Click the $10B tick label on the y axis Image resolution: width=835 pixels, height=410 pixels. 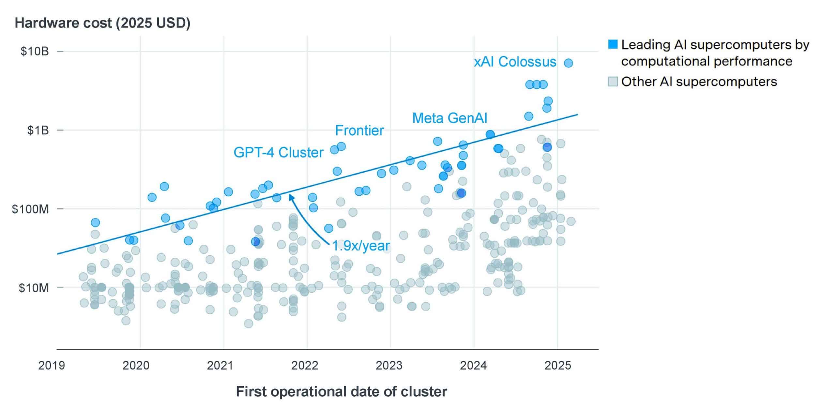[x=34, y=52]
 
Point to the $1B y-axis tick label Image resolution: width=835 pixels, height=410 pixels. [x=38, y=130]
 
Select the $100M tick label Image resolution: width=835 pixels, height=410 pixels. [x=30, y=209]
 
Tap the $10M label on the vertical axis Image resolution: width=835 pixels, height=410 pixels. [x=34, y=288]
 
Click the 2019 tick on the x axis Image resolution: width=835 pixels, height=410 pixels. [x=52, y=366]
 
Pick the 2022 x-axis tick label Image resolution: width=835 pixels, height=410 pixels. [x=305, y=366]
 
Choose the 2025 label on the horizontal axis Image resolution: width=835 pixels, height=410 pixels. [x=558, y=366]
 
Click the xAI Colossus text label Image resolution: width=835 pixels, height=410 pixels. [x=515, y=62]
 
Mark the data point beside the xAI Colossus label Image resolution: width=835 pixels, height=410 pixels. [x=569, y=63]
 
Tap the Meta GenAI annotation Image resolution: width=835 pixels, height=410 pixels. [x=449, y=118]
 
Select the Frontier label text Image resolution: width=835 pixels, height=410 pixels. [x=359, y=130]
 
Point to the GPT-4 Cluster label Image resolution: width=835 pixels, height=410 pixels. [x=278, y=153]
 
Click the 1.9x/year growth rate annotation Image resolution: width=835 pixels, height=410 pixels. [x=361, y=246]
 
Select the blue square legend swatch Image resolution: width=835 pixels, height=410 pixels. [x=613, y=44]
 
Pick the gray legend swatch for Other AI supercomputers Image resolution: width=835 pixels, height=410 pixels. [x=613, y=82]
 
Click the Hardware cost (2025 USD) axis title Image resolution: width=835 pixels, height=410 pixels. [x=102, y=23]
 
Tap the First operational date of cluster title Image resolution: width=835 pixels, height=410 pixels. [x=342, y=392]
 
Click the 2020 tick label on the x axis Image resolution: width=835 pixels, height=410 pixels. [x=136, y=366]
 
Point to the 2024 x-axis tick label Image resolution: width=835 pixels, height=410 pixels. [x=473, y=366]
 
